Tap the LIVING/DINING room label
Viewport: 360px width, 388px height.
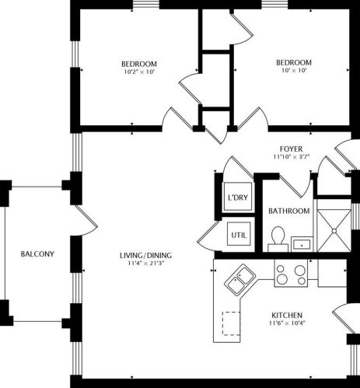(145, 256)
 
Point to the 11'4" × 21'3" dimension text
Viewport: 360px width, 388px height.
(145, 264)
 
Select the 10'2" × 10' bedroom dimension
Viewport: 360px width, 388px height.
(139, 72)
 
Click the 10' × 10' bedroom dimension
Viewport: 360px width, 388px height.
(294, 72)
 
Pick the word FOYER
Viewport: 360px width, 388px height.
(292, 149)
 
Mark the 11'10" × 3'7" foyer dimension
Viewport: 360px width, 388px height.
(292, 156)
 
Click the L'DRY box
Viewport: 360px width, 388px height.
(237, 197)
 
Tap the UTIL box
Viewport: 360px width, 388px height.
(237, 232)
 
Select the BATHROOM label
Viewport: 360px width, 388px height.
(288, 211)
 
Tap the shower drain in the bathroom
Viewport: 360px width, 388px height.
(335, 229)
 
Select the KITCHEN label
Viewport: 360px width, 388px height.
(286, 315)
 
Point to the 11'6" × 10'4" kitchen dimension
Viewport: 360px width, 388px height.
(286, 323)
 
